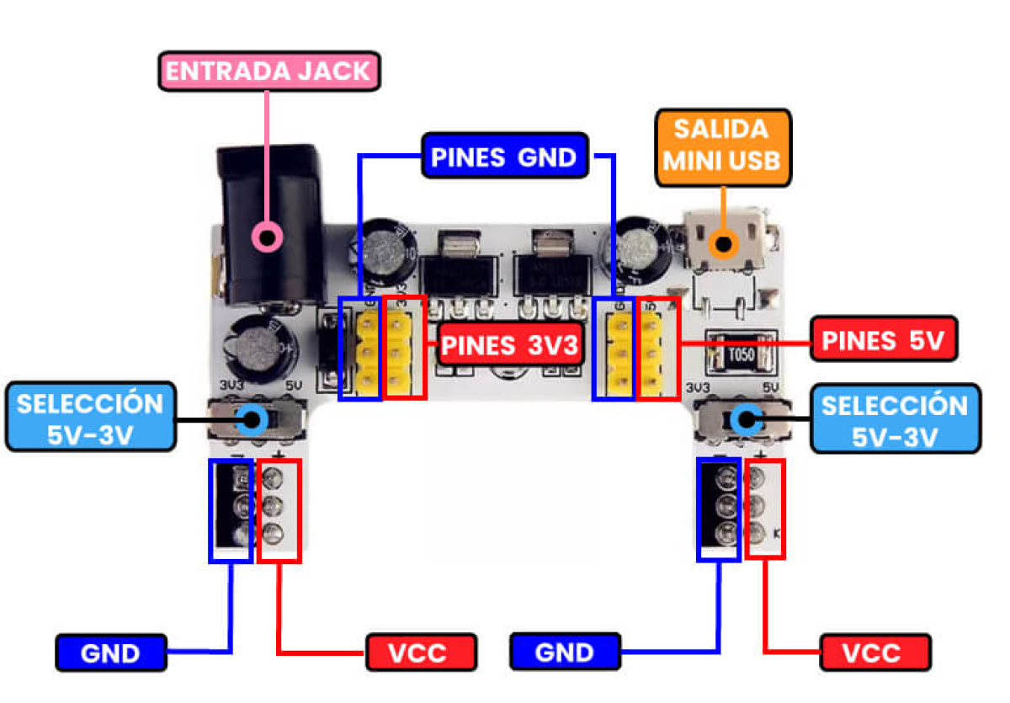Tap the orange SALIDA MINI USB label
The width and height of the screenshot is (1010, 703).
click(x=722, y=145)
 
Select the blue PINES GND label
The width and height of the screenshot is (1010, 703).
click(x=503, y=157)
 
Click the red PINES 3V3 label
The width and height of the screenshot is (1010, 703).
click(x=512, y=345)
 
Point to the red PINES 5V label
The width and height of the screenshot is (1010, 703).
click(x=883, y=340)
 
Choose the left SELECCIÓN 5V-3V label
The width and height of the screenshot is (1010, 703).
click(x=89, y=418)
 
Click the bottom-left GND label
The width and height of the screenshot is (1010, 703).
click(x=111, y=652)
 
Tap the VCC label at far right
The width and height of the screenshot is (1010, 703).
click(x=874, y=652)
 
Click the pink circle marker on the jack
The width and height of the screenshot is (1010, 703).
click(x=268, y=237)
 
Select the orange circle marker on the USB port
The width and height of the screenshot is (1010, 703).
click(x=723, y=244)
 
